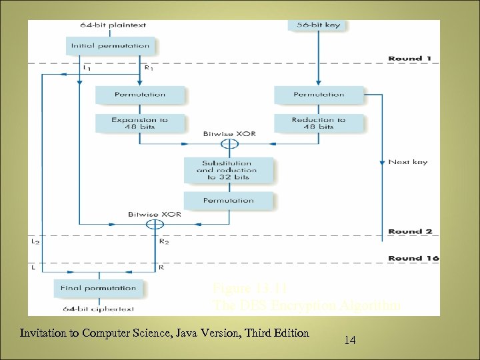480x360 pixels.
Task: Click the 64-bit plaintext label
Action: (113, 25)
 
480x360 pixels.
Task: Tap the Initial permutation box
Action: (111, 46)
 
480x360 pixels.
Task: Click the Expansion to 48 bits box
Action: (139, 123)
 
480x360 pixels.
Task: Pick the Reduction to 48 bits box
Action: (319, 123)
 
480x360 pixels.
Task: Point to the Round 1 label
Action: (410, 59)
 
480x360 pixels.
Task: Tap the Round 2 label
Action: (410, 231)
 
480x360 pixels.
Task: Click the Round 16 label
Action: (413, 258)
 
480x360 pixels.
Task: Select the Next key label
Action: (407, 162)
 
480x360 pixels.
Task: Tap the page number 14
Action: (350, 341)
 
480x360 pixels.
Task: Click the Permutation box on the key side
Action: (319, 95)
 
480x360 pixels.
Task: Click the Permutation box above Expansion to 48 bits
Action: (139, 95)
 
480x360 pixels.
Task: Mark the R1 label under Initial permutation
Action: (149, 67)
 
